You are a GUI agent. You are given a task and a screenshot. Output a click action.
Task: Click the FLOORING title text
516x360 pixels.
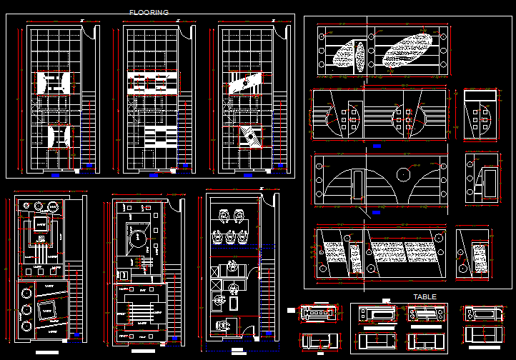(149, 12)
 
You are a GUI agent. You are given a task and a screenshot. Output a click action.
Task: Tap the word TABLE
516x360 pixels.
(425, 296)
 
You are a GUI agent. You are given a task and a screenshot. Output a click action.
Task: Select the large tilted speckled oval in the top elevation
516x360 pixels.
(407, 52)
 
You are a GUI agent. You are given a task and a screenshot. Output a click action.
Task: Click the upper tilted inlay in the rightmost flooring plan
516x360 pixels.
(245, 83)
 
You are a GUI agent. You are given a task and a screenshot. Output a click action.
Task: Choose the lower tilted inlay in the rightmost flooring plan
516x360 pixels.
(251, 136)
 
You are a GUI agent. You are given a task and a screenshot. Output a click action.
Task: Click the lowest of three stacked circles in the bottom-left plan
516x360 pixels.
(27, 327)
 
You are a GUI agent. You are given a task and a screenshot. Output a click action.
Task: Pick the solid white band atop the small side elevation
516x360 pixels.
(480, 96)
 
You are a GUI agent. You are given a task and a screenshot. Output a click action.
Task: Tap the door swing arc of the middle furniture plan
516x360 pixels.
(174, 205)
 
